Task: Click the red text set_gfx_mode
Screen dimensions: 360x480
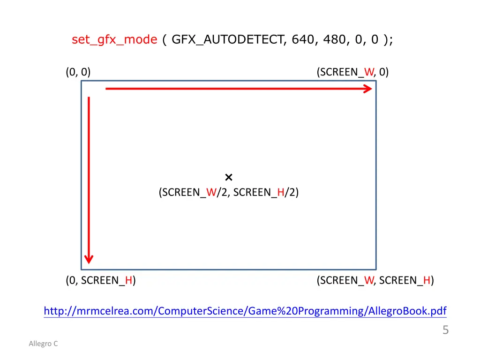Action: click(x=114, y=40)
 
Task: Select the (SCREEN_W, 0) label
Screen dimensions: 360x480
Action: click(x=352, y=72)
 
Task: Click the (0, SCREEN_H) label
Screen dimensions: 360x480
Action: click(x=101, y=281)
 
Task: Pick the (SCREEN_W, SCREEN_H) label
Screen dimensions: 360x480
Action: click(x=375, y=281)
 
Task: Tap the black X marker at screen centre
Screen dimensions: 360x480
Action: click(x=229, y=177)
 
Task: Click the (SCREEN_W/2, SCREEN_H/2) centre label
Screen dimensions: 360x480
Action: click(x=229, y=192)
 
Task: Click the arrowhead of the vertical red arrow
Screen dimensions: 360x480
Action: click(x=89, y=259)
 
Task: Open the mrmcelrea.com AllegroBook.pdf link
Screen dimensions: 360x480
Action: click(x=245, y=311)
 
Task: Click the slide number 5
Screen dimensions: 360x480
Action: click(x=445, y=330)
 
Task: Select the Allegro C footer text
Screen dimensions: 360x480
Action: click(x=43, y=344)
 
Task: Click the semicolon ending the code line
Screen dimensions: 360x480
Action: click(x=391, y=40)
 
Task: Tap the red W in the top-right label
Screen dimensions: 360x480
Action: click(x=369, y=72)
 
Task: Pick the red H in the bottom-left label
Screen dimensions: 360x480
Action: click(x=128, y=281)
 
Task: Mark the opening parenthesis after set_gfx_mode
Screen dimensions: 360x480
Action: click(x=165, y=40)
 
